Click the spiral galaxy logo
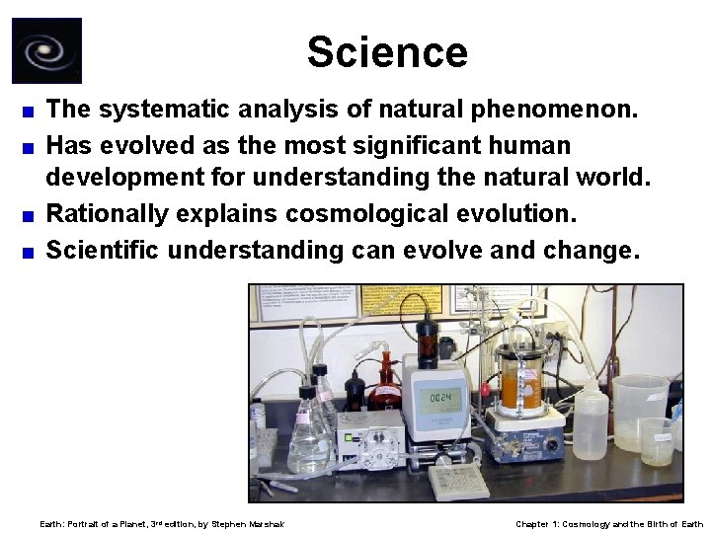click(46, 51)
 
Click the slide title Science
click(386, 51)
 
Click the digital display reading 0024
click(436, 397)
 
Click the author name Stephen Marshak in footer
click(248, 523)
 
